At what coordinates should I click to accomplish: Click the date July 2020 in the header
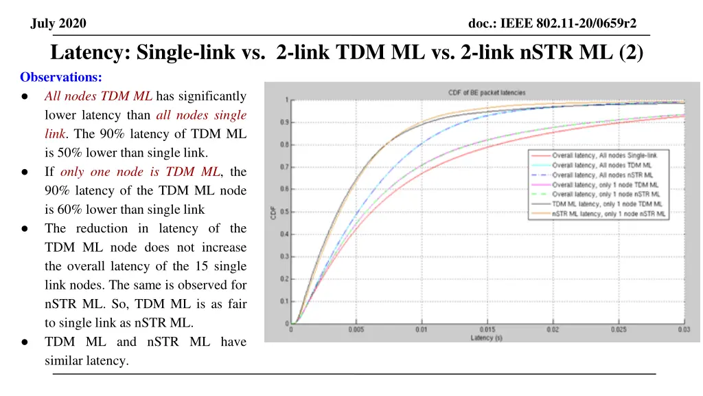59,24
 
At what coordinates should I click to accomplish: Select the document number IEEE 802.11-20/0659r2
552,24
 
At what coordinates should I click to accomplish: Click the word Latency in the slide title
91,53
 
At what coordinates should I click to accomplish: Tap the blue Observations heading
61,78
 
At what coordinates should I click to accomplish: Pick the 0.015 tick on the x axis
487,329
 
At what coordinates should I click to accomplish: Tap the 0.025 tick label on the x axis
619,329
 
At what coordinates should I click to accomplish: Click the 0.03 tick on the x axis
684,329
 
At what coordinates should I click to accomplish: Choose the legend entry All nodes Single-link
605,156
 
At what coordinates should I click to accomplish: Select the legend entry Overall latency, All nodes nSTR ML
605,175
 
